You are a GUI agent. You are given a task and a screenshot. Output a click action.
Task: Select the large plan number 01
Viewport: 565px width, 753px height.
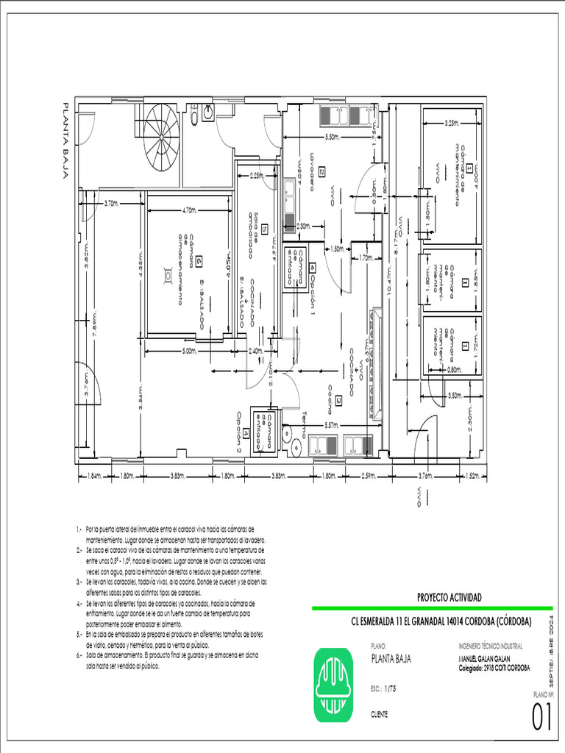[541, 717]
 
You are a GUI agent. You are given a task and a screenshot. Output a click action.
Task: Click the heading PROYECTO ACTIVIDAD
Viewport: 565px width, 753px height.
[449, 598]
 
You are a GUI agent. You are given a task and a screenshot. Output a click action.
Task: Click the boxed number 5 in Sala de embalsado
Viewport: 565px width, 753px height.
[263, 228]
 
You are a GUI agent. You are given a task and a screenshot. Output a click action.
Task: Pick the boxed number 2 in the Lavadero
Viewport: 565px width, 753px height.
[321, 172]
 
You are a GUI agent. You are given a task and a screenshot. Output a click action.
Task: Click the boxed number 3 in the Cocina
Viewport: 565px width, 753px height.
[338, 401]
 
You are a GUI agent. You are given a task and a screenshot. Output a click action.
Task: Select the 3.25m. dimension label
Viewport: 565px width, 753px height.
[452, 123]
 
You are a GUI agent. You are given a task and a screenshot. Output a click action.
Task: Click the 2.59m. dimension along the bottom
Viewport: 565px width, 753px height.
[370, 476]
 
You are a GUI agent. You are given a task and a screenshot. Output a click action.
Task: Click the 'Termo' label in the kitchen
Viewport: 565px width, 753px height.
[304, 424]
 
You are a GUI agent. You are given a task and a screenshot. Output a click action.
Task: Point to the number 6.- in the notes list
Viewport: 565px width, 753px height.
[79, 654]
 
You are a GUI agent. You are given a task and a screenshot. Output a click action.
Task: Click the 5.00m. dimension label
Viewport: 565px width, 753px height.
[189, 351]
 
